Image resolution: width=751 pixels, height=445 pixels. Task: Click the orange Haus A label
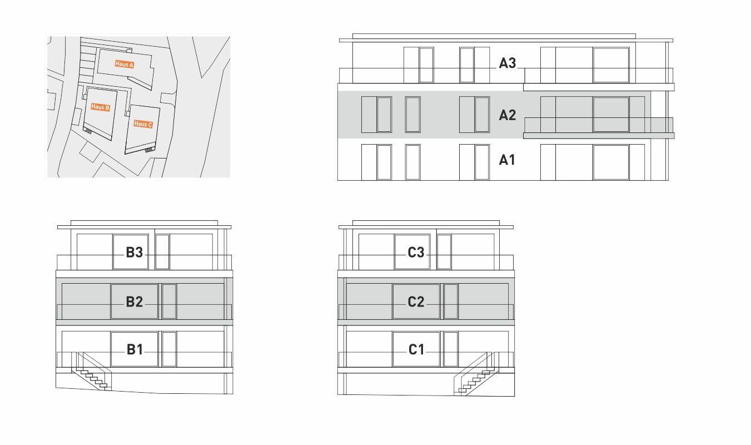[x=125, y=64]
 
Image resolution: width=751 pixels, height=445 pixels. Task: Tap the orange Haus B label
[x=100, y=107]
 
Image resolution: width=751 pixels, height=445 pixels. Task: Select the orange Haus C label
[x=143, y=124]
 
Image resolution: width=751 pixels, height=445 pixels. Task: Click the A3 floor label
[x=508, y=63]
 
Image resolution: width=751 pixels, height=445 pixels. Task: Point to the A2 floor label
[x=508, y=115]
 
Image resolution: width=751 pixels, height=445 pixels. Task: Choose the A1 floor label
[x=507, y=160]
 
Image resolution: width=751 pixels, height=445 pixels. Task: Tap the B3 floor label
[x=135, y=253]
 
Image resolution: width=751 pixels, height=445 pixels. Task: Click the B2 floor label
[x=135, y=301]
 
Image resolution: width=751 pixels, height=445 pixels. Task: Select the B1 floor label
[x=135, y=350]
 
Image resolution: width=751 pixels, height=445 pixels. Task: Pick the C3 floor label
[x=416, y=253]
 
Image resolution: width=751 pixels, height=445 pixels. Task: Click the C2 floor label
[x=416, y=301]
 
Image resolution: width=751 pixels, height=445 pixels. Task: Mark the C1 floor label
[x=416, y=350]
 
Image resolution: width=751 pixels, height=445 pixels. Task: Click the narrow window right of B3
[x=162, y=251]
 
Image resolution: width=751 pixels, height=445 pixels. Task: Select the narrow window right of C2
[x=451, y=301]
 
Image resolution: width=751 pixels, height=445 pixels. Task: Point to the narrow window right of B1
[x=170, y=349]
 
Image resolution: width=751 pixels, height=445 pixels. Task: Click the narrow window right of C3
[x=444, y=251]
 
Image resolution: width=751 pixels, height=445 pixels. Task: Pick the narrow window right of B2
[x=170, y=301]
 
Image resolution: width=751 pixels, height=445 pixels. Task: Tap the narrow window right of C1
[x=451, y=349]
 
